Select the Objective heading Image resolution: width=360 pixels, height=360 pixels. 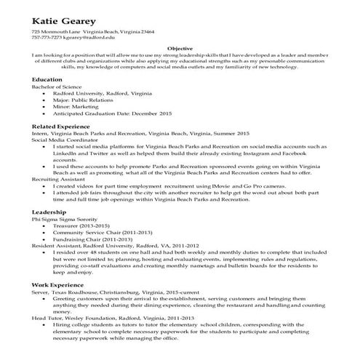click(180, 47)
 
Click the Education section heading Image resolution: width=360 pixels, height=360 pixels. click(47, 79)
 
